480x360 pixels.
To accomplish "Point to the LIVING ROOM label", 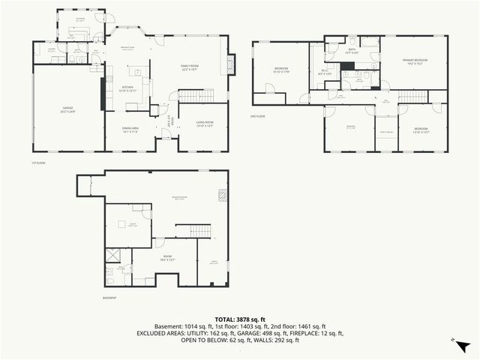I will (205, 124).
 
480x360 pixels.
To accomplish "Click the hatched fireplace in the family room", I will (231, 64).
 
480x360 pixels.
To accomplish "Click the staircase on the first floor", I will (193, 95).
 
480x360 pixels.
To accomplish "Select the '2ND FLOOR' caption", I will (258, 116).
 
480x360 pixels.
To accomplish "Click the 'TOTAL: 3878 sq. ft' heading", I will (239, 319).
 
